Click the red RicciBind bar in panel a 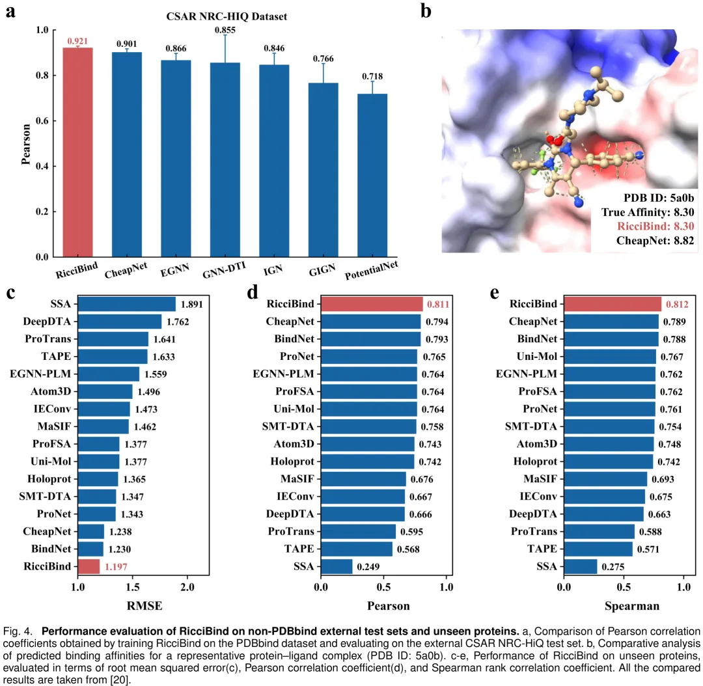pyautogui.click(x=77, y=152)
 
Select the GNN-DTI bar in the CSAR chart pyautogui.click(x=225, y=159)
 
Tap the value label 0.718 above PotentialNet pyautogui.click(x=372, y=76)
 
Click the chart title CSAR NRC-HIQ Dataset pyautogui.click(x=227, y=16)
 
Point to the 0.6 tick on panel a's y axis pyautogui.click(x=42, y=120)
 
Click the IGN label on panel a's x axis pyautogui.click(x=273, y=270)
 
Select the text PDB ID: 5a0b pyautogui.click(x=659, y=198)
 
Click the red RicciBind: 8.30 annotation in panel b pyautogui.click(x=655, y=226)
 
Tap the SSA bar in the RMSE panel pyautogui.click(x=127, y=304)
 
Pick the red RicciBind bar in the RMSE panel pyautogui.click(x=89, y=566)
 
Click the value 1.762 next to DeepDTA pyautogui.click(x=178, y=322)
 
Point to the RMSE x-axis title pyautogui.click(x=145, y=606)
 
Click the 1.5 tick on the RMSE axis pyautogui.click(x=133, y=587)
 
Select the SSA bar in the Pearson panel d pyautogui.click(x=337, y=566)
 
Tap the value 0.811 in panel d pyautogui.click(x=438, y=305)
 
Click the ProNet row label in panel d pyautogui.click(x=297, y=357)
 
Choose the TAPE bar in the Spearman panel pyautogui.click(x=598, y=549)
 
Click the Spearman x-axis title pyautogui.click(x=632, y=606)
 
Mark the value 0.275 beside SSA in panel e pyautogui.click(x=613, y=567)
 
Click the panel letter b pyautogui.click(x=426, y=11)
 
